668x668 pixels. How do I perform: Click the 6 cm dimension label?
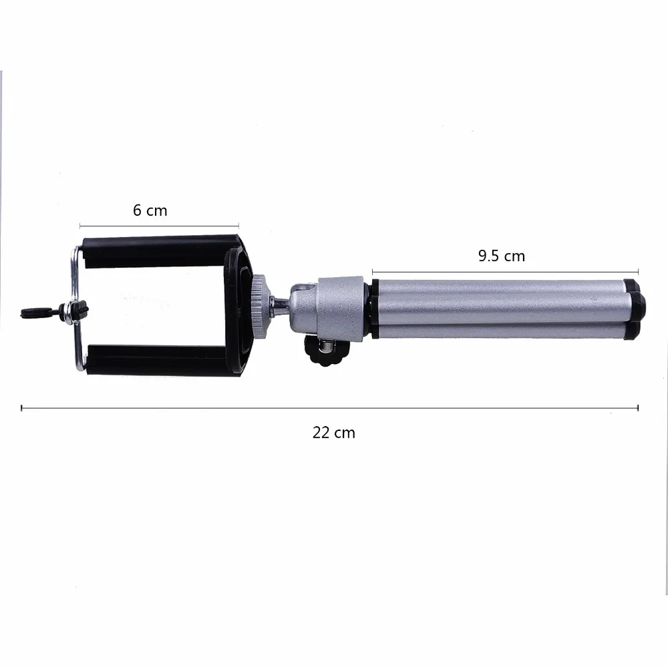(150, 210)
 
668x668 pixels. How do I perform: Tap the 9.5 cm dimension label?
(502, 256)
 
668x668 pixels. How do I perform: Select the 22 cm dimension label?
(333, 433)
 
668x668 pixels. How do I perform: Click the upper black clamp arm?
(160, 251)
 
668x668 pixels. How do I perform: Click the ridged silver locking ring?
(258, 307)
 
